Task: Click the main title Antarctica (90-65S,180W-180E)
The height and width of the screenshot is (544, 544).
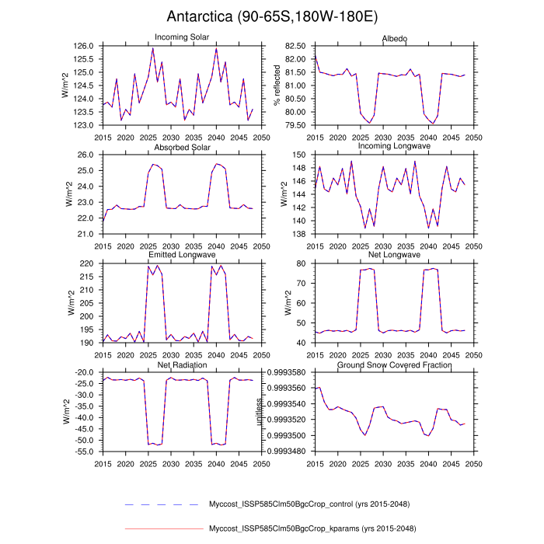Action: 271,16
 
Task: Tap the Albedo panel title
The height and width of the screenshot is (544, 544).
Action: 393,38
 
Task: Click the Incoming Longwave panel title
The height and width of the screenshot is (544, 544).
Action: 393,147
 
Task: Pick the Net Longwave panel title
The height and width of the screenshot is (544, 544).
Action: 393,255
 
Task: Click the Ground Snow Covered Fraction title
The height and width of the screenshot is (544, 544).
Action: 393,364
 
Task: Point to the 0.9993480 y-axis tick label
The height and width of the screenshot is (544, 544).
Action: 288,452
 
